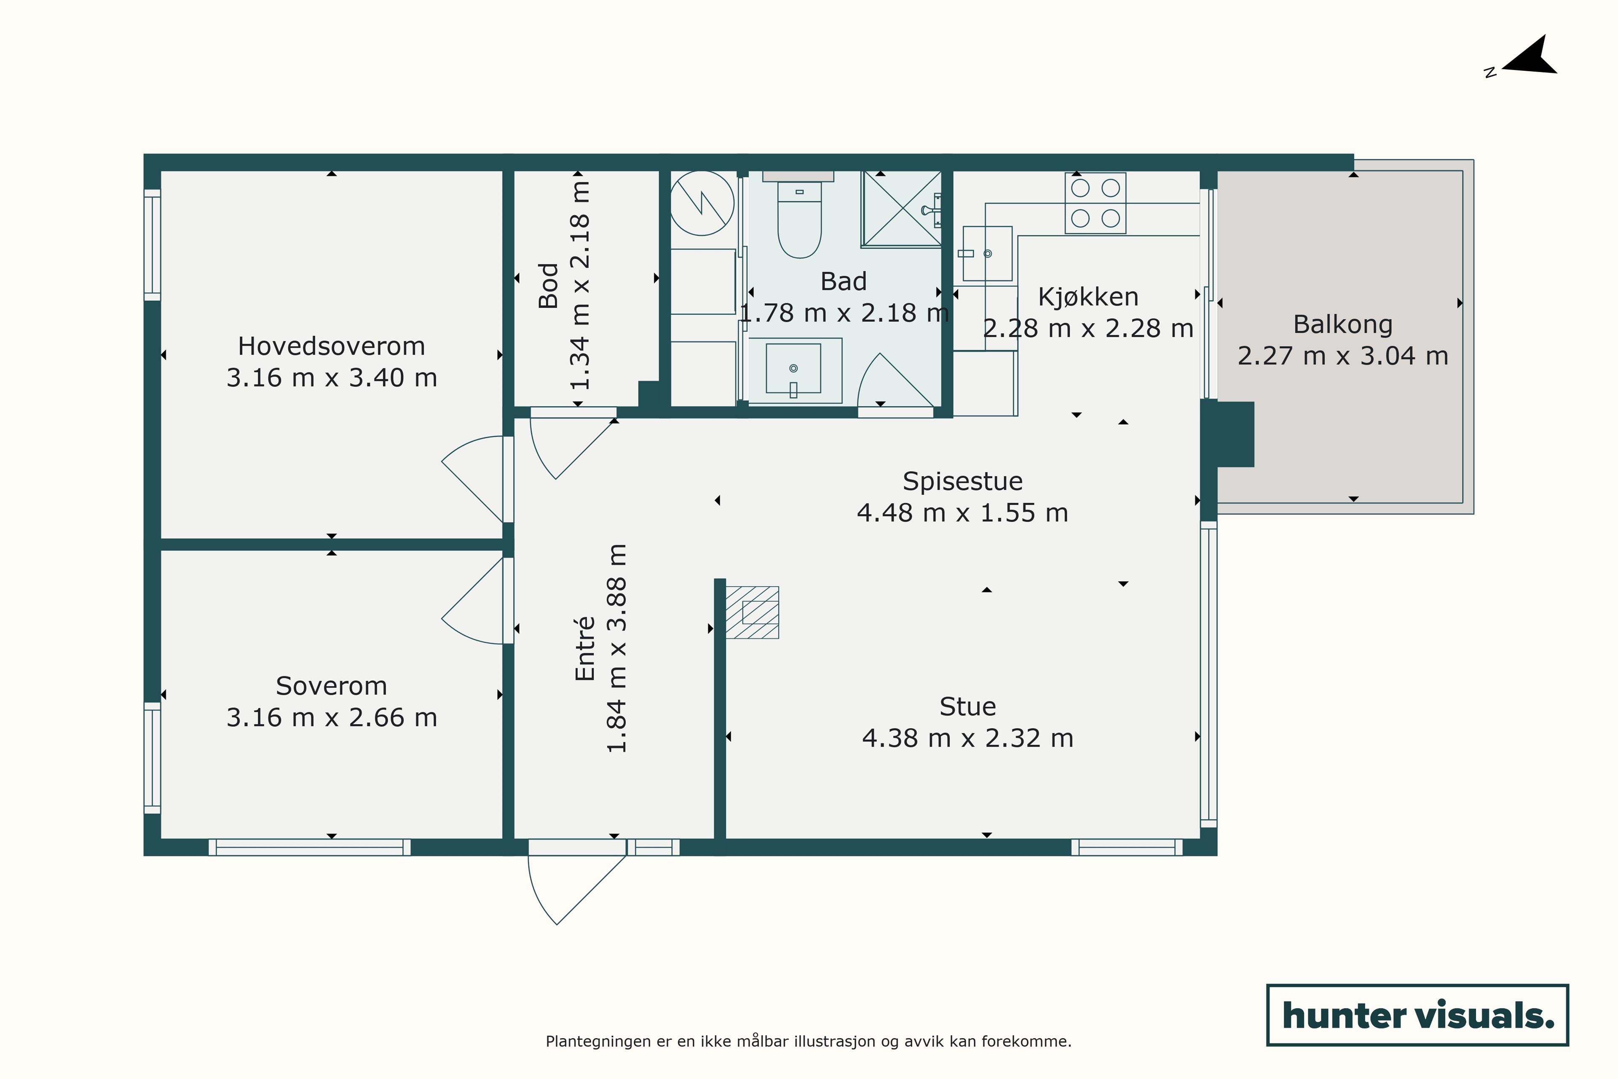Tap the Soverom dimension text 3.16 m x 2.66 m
pos(332,718)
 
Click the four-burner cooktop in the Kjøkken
pos(1095,203)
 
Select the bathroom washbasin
pos(795,370)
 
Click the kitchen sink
pos(987,253)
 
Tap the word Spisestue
pos(962,481)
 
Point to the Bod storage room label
pos(548,286)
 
